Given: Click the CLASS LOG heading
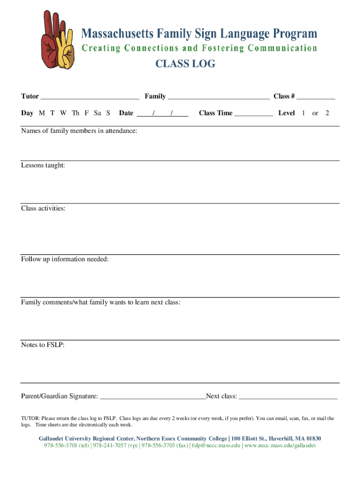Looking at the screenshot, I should click(186, 64).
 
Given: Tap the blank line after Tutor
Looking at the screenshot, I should click(90, 97).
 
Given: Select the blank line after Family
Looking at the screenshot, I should click(218, 97).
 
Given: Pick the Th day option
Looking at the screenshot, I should click(76, 113).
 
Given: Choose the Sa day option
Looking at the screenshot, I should click(98, 113).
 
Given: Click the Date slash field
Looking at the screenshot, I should click(163, 113).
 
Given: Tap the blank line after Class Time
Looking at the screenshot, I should click(253, 114).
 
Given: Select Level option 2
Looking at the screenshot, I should click(327, 113).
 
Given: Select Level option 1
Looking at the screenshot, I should click(303, 113).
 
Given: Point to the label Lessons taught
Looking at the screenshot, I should click(43, 165).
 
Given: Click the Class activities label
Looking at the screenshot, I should click(43, 208).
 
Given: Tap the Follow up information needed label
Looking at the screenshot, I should click(65, 259).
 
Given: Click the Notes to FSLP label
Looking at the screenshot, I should click(43, 345).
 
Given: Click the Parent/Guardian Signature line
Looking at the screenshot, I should click(153, 397).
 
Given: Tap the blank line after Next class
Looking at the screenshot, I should click(288, 397).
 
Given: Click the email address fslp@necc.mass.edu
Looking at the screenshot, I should click(217, 445).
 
